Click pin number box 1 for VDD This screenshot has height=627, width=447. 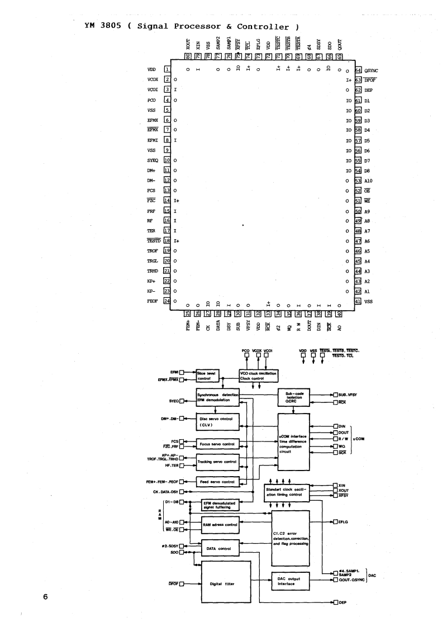(167, 70)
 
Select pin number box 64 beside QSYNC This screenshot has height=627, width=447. (358, 71)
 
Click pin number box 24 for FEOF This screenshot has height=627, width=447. (167, 301)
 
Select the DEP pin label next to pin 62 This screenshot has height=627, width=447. (369, 90)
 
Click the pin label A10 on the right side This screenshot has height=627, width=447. (369, 180)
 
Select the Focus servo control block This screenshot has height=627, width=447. (217, 445)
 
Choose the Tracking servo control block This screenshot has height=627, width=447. (217, 462)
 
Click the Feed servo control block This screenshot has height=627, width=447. (217, 482)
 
